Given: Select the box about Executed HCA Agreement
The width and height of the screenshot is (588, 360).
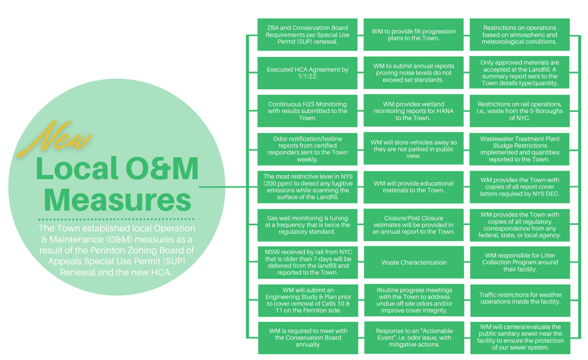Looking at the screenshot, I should pyautogui.click(x=307, y=73).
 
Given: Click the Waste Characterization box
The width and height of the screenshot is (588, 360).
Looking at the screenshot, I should pyautogui.click(x=414, y=262).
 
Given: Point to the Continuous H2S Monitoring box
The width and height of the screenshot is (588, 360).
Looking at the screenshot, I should pyautogui.click(x=307, y=111).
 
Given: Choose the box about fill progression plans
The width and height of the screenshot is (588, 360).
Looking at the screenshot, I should pyautogui.click(x=413, y=35).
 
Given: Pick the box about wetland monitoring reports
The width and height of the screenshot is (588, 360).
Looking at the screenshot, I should pyautogui.click(x=413, y=111).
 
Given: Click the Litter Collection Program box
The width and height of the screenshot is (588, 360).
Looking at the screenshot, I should pyautogui.click(x=520, y=262).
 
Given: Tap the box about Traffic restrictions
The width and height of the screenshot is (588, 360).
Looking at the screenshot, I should pyautogui.click(x=520, y=298).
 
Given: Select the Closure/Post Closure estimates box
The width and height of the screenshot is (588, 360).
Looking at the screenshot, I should pyautogui.click(x=413, y=225).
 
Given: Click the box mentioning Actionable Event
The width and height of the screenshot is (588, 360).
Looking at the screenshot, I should pyautogui.click(x=414, y=338).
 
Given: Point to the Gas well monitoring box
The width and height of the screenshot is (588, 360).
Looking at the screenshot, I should pyautogui.click(x=307, y=225).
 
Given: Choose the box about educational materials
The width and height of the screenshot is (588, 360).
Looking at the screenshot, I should pyautogui.click(x=413, y=187).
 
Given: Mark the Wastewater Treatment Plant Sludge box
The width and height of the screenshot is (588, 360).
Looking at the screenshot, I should pyautogui.click(x=519, y=149).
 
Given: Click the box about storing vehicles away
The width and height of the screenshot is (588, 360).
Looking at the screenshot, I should pyautogui.click(x=413, y=149).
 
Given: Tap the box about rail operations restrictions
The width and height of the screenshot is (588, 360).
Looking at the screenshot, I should pyautogui.click(x=519, y=111).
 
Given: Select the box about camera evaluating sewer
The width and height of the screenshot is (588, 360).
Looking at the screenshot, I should pyautogui.click(x=520, y=337).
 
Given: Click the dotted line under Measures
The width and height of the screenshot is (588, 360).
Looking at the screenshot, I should pyautogui.click(x=116, y=219).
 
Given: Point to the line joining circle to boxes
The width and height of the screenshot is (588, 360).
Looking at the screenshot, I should pyautogui.click(x=222, y=187).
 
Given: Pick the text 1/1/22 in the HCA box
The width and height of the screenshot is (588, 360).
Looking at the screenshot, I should pyautogui.click(x=307, y=76).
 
